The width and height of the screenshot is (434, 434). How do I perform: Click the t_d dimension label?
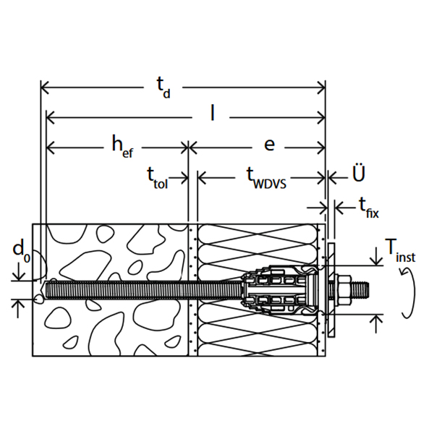tap(163, 88)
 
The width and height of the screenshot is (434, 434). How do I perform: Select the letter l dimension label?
tap(212, 113)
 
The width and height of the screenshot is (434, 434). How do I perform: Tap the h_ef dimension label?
tap(122, 146)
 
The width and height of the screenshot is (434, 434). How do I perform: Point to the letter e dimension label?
tap(269, 145)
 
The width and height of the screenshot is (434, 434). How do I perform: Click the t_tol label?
tap(157, 178)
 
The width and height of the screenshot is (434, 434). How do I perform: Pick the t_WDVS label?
tap(266, 178)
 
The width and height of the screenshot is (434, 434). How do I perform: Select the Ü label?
tap(359, 173)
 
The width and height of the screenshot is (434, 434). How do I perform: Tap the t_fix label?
tap(368, 208)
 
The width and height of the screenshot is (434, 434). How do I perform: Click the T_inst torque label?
tap(400, 251)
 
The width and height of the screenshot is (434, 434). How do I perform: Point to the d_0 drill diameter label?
tap(21, 250)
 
